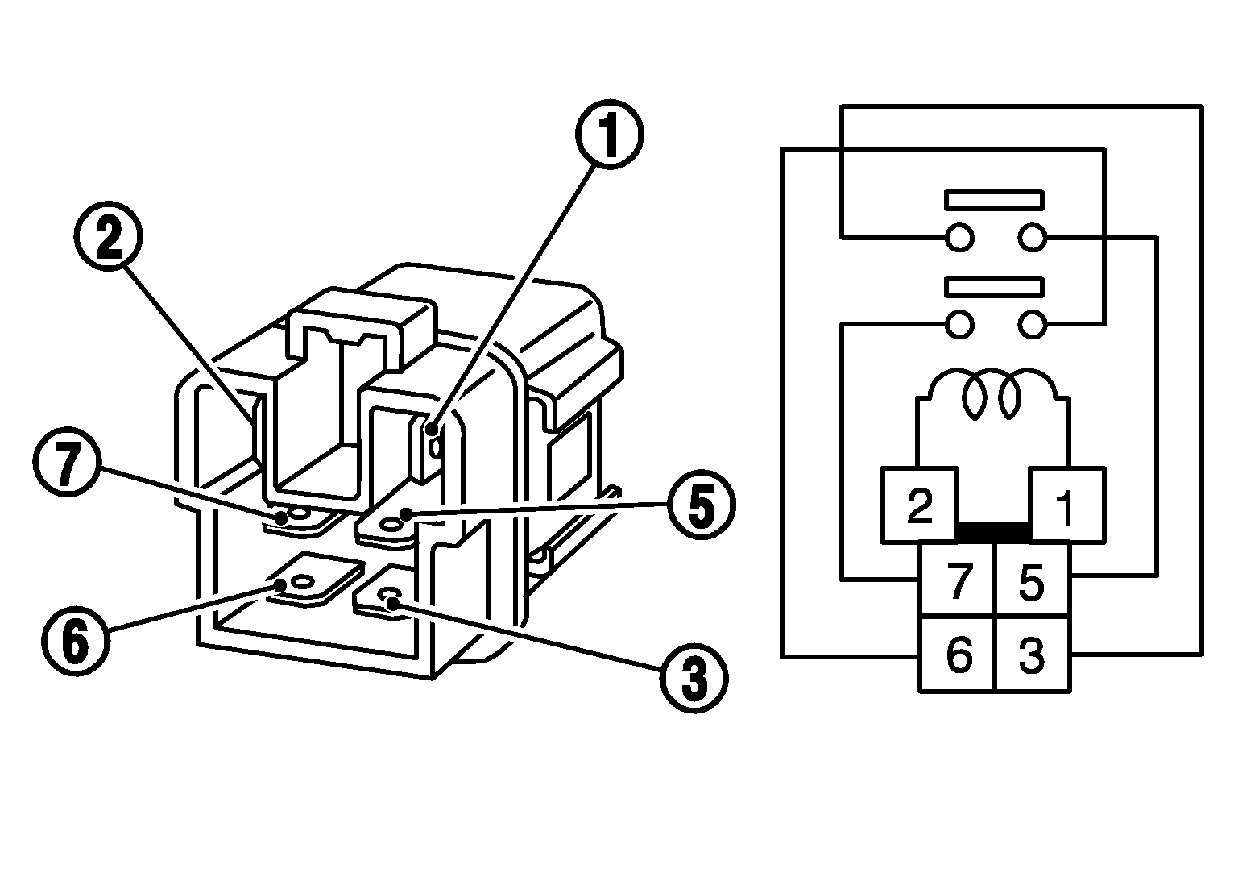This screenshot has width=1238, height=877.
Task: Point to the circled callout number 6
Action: [x=74, y=641]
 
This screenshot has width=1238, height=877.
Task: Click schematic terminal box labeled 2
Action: [x=920, y=505]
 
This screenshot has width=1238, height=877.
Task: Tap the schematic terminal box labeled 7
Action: [x=957, y=580]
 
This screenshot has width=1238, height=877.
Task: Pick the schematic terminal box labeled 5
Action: [x=1033, y=580]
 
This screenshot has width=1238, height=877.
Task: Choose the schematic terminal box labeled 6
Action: [x=957, y=654]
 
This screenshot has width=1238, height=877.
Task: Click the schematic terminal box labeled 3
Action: [x=1033, y=654]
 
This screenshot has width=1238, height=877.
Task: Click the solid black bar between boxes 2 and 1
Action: [x=994, y=532]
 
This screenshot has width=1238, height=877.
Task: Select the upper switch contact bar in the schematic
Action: [x=995, y=200]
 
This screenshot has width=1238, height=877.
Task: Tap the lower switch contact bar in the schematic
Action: [x=995, y=287]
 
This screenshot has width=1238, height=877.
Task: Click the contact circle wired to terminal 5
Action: [x=1032, y=238]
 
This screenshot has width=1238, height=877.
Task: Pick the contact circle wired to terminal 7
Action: [x=960, y=325]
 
